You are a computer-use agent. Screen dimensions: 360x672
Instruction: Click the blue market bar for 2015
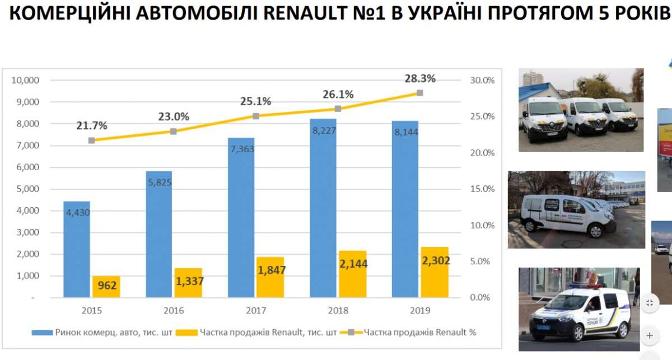coord(77,249)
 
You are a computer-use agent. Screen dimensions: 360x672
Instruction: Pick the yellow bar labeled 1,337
coord(188,283)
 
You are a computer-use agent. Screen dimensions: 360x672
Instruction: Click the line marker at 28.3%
coord(419,93)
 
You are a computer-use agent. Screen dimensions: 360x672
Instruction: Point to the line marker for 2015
coord(91,141)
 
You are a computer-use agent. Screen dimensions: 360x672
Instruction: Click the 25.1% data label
coord(255,101)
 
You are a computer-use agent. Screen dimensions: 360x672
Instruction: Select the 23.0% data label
coord(174,117)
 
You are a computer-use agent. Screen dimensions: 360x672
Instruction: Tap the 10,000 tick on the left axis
coord(25,80)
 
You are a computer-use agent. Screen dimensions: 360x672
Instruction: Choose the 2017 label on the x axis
coord(255,311)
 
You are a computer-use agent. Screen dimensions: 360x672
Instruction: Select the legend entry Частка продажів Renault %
coord(420,332)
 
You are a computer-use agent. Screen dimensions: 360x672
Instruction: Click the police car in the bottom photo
coord(577,314)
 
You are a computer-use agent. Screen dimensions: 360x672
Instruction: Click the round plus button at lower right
coord(650,335)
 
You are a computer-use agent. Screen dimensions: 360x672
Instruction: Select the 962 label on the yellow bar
coord(106,286)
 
